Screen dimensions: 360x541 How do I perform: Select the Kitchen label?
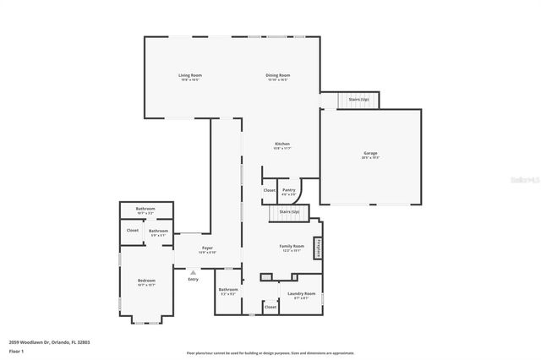pos(282,145)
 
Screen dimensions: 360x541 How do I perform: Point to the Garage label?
pos(370,155)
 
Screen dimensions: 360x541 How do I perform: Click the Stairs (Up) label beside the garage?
pos(358,100)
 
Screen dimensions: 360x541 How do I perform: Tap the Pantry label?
pos(289,191)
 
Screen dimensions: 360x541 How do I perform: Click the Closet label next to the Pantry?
pos(269,190)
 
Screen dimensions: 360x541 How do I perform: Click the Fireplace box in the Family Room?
pos(319,248)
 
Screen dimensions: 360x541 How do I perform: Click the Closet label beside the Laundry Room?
pos(270,307)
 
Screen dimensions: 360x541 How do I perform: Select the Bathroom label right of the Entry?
pos(228,291)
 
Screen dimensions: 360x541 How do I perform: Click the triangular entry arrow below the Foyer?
pos(194,272)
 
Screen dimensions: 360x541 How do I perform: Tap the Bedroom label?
pos(147,282)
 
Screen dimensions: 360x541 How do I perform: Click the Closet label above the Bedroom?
pos(133,230)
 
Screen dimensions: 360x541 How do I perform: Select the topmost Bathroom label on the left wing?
pos(146,211)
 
